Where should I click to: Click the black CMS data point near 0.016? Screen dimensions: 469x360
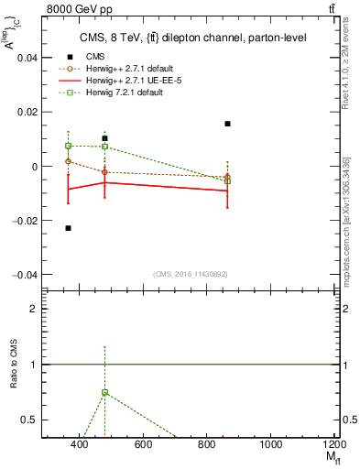coord(227,123)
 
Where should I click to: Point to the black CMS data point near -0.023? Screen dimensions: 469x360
coord(69,228)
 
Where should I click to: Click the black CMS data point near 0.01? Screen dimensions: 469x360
coord(104,138)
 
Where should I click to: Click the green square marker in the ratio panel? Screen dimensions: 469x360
coord(104,392)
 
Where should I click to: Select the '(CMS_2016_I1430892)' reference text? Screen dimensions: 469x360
coord(191,274)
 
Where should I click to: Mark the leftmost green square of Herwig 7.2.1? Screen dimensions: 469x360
coord(69,146)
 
